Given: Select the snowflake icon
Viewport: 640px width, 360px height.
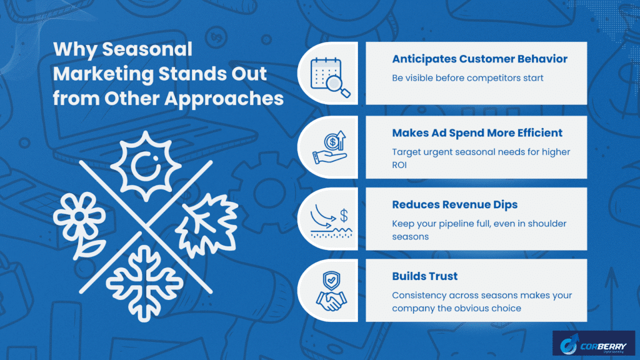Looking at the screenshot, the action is click(x=144, y=283).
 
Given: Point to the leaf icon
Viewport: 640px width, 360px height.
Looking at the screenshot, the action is click(x=208, y=225).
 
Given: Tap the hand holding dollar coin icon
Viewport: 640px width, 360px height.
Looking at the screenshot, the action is click(x=330, y=147).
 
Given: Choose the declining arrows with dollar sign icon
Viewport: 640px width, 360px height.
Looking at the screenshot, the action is click(x=331, y=221).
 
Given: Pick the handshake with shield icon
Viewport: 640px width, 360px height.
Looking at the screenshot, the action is click(x=331, y=291).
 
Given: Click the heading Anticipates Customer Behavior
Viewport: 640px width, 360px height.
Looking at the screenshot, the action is click(x=479, y=59).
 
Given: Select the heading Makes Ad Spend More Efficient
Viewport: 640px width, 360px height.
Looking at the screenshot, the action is click(x=477, y=133).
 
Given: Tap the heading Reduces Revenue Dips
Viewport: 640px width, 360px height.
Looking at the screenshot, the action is click(x=455, y=205).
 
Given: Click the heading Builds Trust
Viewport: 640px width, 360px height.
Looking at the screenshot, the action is click(x=424, y=276).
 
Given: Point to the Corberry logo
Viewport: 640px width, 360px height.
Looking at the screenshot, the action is click(x=594, y=343).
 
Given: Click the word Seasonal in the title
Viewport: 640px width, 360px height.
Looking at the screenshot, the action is click(x=147, y=49).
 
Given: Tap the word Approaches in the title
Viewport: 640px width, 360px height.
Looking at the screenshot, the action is click(x=224, y=99).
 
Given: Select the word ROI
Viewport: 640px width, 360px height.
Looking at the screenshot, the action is click(x=399, y=165).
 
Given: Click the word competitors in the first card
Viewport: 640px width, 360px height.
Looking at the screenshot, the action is click(x=490, y=78).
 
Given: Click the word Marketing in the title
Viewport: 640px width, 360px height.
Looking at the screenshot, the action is click(x=104, y=74).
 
